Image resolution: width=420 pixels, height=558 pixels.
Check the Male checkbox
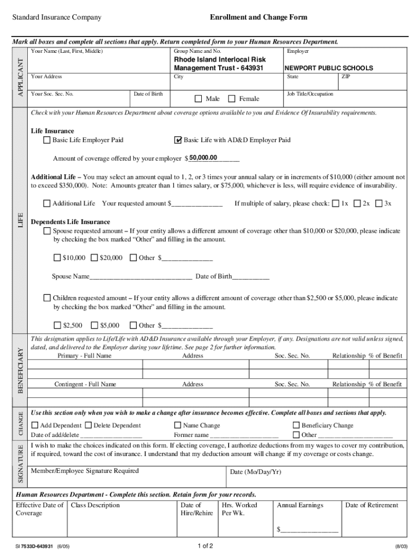[x=199, y=99]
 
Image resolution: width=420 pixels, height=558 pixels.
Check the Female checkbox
[x=232, y=99]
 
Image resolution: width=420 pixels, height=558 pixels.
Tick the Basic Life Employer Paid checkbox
[x=46, y=140]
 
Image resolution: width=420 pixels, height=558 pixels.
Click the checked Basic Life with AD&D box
[x=177, y=140]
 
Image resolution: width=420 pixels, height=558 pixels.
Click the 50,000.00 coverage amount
[x=203, y=158]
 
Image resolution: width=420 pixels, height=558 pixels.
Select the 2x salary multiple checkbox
[x=357, y=203]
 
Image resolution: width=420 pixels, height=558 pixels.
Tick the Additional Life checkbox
[x=46, y=203]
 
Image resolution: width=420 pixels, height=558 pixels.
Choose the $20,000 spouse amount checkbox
[x=94, y=258]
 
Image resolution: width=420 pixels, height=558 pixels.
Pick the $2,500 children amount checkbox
[x=57, y=325]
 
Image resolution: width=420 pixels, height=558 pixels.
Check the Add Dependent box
[x=35, y=425]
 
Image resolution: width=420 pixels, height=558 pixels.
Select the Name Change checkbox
[x=177, y=425]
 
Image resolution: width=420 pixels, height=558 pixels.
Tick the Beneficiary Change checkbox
[x=296, y=425]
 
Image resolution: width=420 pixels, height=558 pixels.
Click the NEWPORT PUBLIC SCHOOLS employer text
[x=329, y=69]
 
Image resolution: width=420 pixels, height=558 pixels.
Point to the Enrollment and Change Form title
[x=259, y=17]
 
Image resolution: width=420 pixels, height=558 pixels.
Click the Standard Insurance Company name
[x=57, y=17]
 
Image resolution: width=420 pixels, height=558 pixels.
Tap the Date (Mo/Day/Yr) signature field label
[x=256, y=472]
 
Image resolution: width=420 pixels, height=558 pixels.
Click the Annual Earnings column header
[x=300, y=505]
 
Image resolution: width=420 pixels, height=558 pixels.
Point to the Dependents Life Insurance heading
[x=70, y=222]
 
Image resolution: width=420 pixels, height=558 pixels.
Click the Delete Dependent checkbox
[x=88, y=425]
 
